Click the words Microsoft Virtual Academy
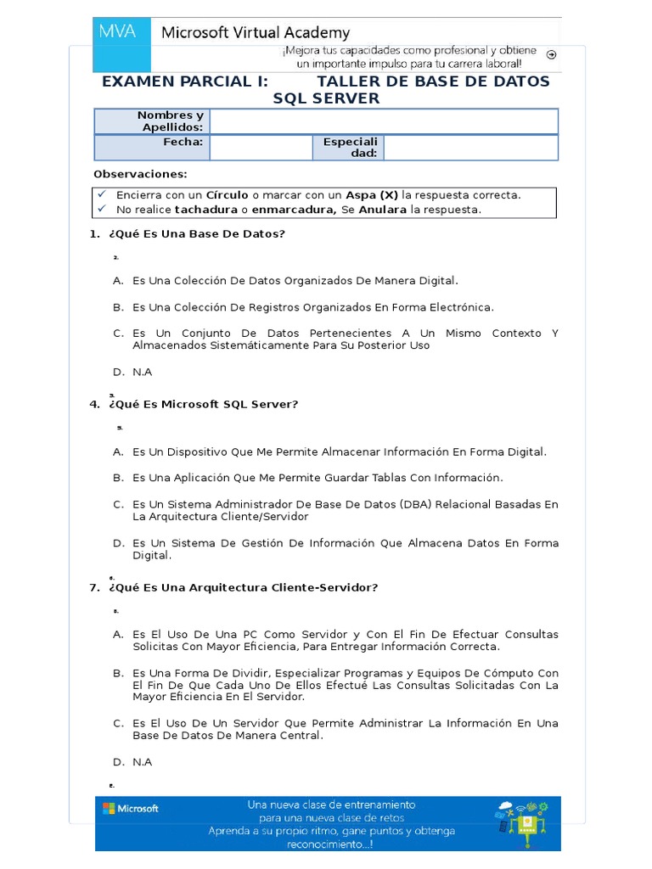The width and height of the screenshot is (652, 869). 256,33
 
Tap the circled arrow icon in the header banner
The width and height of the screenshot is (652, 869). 551,54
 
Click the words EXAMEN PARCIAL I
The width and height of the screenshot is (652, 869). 184,81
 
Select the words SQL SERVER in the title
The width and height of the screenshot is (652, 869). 326,98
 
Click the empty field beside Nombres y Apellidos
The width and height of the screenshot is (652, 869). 384,121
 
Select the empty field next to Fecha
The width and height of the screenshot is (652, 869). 261,148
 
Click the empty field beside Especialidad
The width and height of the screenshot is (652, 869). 470,148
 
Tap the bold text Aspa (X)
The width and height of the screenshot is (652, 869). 372,195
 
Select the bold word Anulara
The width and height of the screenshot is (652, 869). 383,210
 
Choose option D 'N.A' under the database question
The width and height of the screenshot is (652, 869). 142,372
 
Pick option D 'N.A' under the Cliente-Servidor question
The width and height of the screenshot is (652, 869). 142,762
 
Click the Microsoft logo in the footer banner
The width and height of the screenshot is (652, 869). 131,809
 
